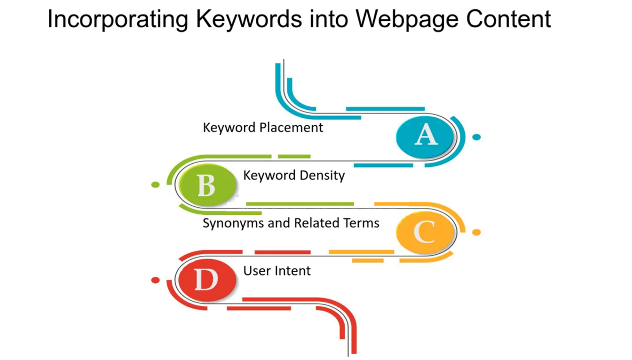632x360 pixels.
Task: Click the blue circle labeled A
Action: tap(425, 137)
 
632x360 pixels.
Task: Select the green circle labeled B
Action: tap(208, 185)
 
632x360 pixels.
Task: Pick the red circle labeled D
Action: tap(208, 280)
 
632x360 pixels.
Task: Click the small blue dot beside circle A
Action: tap(476, 137)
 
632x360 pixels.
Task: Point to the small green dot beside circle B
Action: tap(156, 185)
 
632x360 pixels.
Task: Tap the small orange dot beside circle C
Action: tap(476, 232)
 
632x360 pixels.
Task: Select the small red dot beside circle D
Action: tap(156, 280)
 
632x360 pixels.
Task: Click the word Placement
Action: tap(291, 128)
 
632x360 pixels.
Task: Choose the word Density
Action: tap(322, 176)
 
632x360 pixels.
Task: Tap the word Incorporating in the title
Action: tap(118, 20)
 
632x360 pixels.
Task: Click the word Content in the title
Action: tap(508, 19)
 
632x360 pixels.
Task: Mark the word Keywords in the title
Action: tap(249, 20)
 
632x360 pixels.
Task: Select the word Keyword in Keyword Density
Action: tap(269, 176)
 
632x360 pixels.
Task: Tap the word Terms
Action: tap(361, 223)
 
